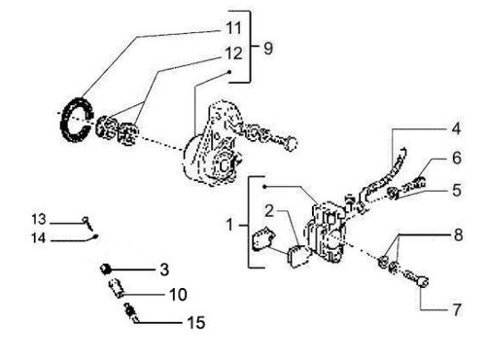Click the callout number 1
(230, 224)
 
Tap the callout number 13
(39, 218)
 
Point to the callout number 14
(39, 236)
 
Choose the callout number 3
(164, 267)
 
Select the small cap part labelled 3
(108, 267)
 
